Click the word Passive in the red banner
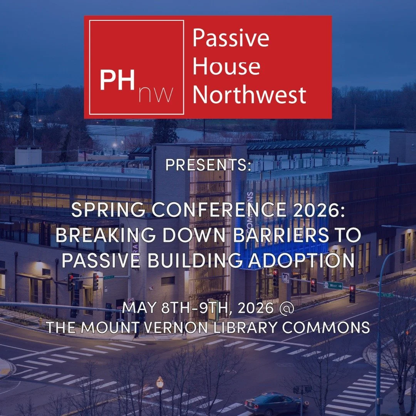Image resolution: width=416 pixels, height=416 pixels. pyautogui.click(x=231, y=38)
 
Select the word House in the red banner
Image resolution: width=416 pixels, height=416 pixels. pyautogui.click(x=226, y=66)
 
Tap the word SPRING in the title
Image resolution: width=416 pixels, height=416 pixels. pyautogui.click(x=101, y=211)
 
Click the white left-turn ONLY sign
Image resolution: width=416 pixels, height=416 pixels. pyautogui.click(x=285, y=277)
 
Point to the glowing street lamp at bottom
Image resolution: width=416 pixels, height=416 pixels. pyautogui.click(x=160, y=383)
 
